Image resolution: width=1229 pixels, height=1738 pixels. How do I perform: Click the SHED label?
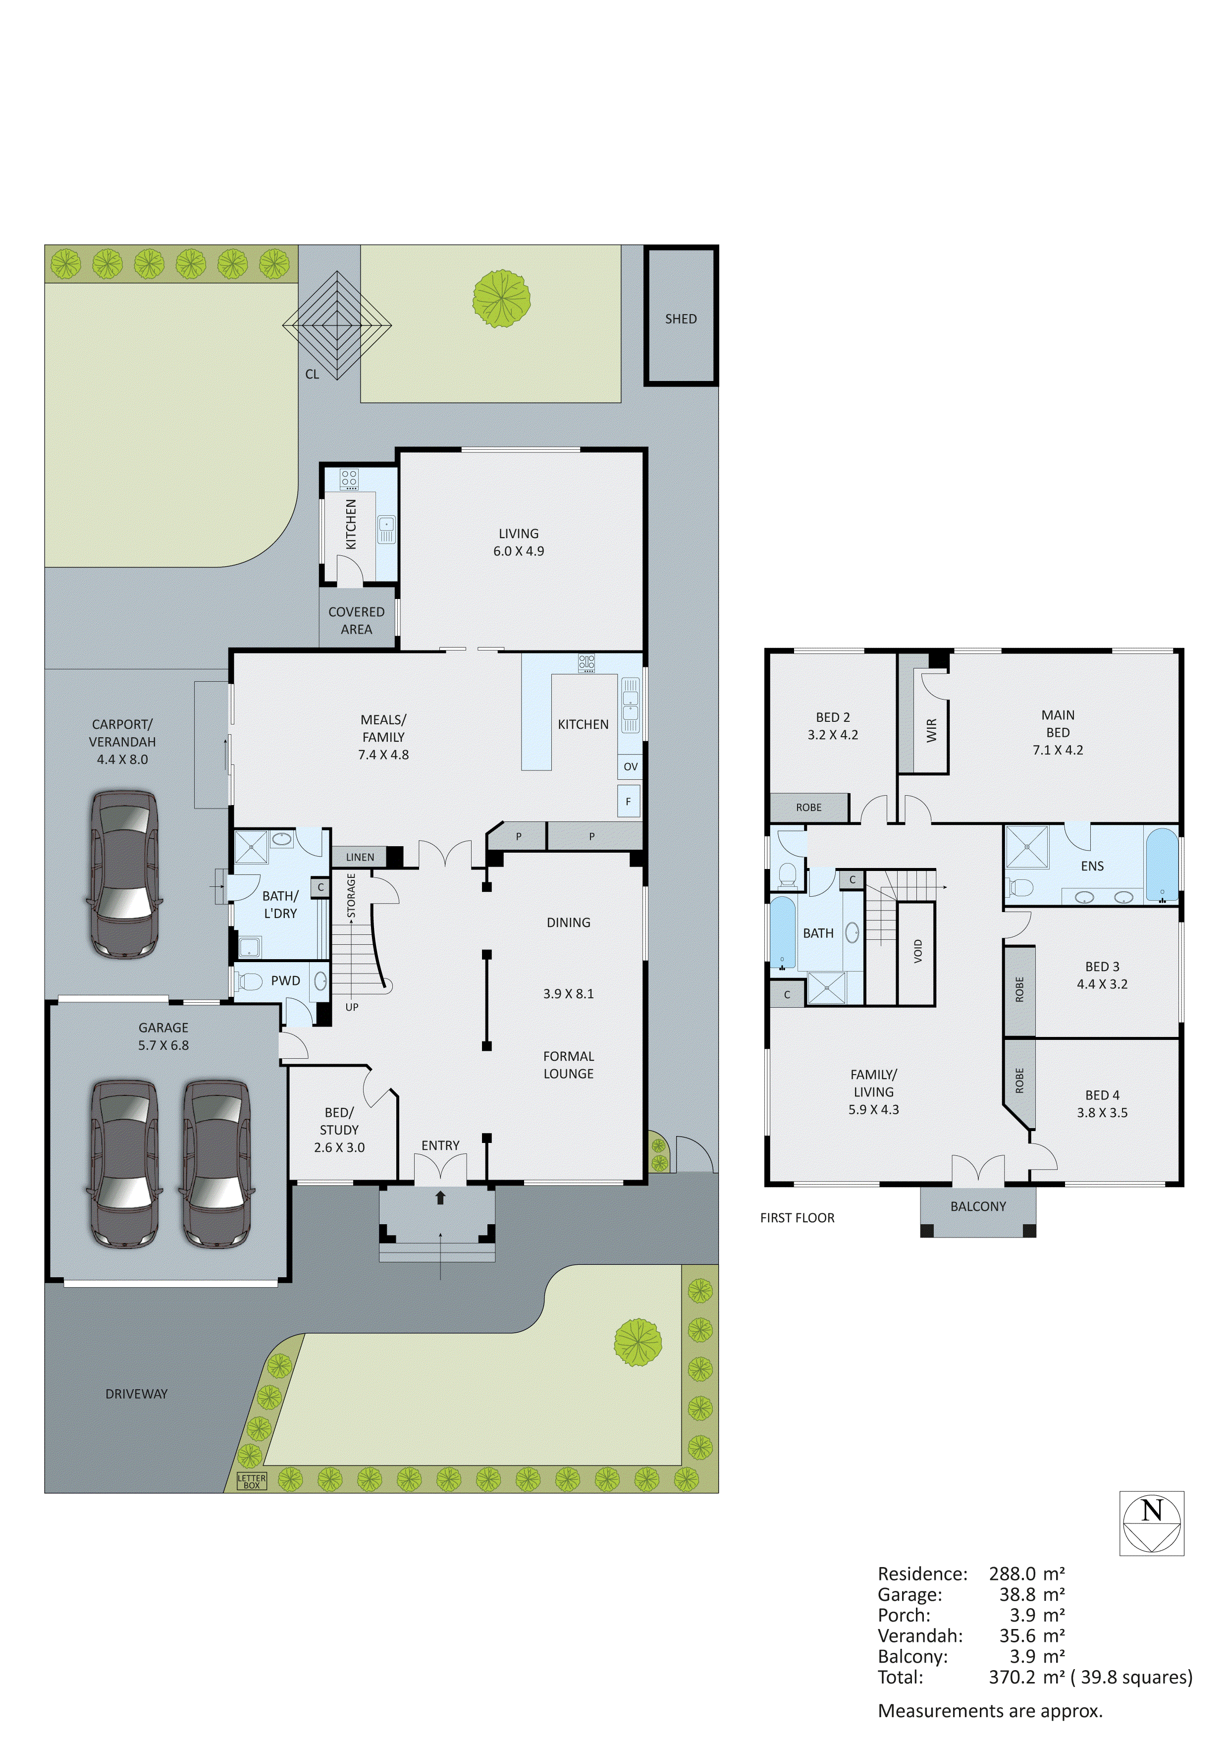(680, 319)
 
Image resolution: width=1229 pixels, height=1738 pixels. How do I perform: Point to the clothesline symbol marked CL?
(337, 326)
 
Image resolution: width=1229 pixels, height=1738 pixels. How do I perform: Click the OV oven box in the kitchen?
(631, 766)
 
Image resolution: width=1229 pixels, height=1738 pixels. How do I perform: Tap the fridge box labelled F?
(628, 801)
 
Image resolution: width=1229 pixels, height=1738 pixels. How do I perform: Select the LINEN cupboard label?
(360, 857)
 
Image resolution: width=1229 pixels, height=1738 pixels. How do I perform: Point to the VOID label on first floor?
(918, 951)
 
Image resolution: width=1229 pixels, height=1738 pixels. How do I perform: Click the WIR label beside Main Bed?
(931, 730)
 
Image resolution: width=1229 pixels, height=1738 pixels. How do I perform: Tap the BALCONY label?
(978, 1206)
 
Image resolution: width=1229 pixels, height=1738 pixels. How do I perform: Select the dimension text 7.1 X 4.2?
(1057, 750)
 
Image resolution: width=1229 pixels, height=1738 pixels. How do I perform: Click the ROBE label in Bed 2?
(808, 808)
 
